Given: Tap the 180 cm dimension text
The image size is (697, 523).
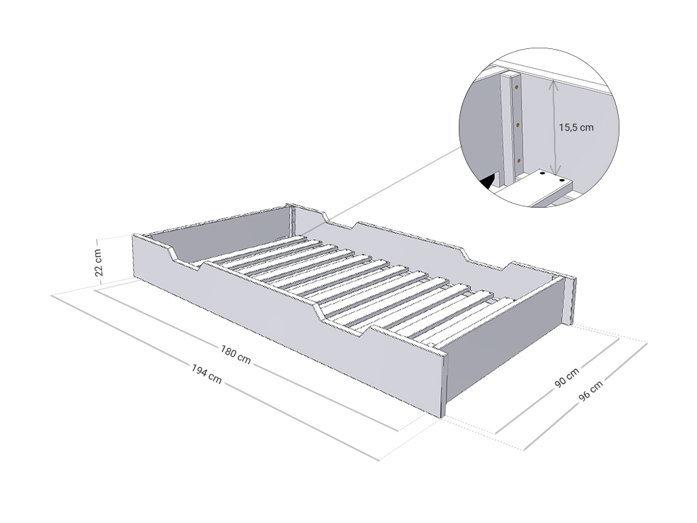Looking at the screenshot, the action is (236, 354).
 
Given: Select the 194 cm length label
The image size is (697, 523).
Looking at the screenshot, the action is (206, 374).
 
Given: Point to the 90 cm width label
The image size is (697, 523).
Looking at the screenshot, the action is (567, 377).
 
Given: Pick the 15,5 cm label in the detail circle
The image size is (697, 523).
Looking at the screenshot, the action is (576, 127).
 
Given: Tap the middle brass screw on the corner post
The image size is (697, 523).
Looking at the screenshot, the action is (518, 125).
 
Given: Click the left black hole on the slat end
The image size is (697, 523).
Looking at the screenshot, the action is (542, 175).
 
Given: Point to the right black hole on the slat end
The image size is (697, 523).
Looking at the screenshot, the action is (562, 181).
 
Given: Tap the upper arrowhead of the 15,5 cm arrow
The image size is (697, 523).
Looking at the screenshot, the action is (553, 84).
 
